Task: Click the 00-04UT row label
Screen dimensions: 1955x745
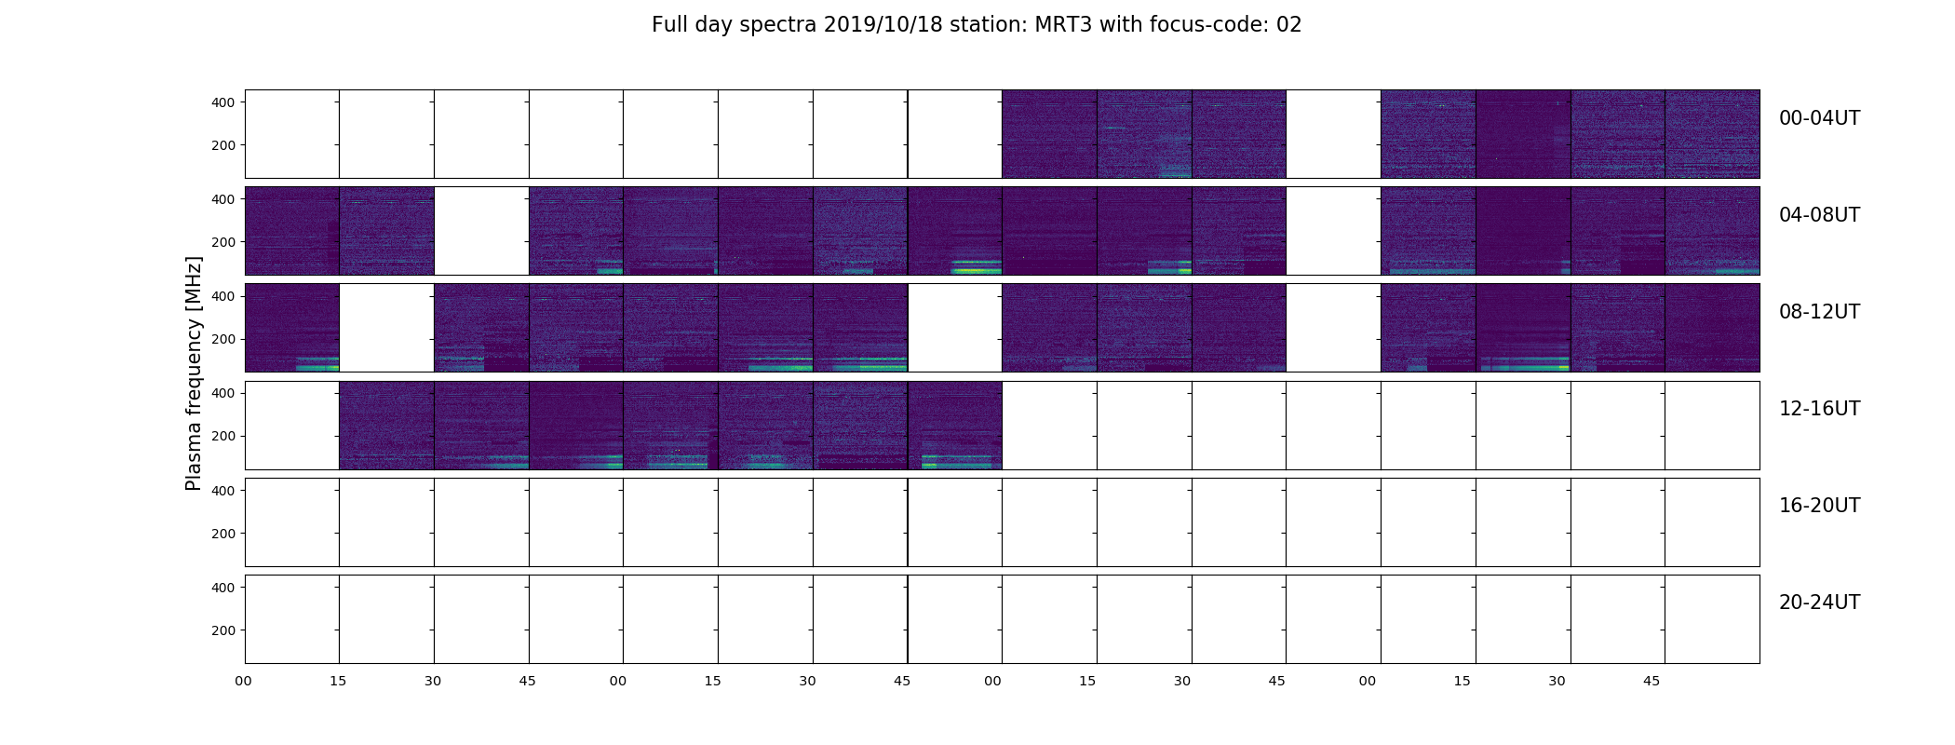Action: [x=1819, y=118]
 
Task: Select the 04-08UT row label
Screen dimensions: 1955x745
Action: [x=1819, y=215]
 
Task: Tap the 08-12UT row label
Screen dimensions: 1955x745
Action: [x=1819, y=312]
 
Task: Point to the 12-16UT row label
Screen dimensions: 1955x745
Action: [x=1819, y=409]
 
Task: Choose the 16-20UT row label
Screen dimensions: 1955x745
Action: [x=1819, y=506]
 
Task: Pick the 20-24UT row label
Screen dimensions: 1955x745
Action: [x=1819, y=603]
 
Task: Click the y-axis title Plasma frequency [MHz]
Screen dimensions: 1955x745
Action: [x=194, y=373]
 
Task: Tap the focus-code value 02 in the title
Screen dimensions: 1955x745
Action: [x=1288, y=25]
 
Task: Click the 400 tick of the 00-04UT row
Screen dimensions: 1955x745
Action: [x=223, y=102]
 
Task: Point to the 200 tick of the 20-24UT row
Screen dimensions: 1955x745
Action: [x=223, y=630]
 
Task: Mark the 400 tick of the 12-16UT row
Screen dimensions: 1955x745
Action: [x=223, y=393]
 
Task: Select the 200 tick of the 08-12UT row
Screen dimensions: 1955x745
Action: [x=223, y=339]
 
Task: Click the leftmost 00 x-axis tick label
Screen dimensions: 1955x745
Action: [x=244, y=681]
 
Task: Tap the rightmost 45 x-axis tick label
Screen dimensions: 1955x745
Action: [x=1652, y=681]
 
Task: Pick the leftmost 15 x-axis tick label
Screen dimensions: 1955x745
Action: [x=338, y=681]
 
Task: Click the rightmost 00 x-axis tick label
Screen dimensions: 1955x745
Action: [x=1368, y=681]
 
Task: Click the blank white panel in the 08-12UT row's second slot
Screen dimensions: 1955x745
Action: [x=386, y=328]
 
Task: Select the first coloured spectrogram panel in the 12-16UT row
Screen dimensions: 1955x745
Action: [x=386, y=425]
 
